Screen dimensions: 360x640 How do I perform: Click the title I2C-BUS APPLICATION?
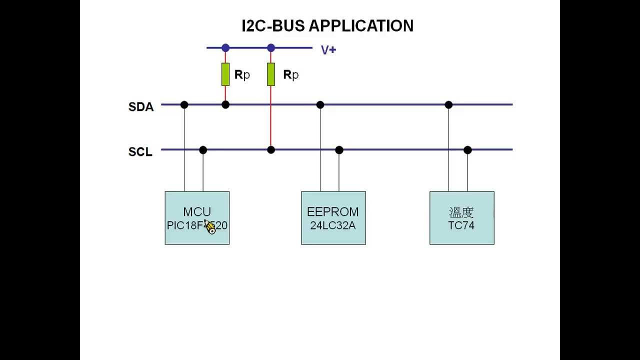[x=327, y=26]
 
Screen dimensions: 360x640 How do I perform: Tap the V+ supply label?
[x=328, y=50]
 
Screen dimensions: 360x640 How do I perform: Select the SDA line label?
[x=141, y=107]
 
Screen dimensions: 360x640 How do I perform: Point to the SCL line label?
[x=140, y=152]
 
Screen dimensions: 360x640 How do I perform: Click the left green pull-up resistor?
[x=225, y=74]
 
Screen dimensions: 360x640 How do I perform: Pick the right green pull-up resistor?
[x=271, y=74]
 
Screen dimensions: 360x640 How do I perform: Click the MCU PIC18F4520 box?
[x=197, y=218]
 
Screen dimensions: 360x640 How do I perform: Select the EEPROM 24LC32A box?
[x=333, y=218]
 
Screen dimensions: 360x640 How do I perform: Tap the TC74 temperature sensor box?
[x=461, y=218]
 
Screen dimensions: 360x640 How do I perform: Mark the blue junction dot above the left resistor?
[x=225, y=48]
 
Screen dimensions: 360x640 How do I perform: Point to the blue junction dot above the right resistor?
[x=271, y=48]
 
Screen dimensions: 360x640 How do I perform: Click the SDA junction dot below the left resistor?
[x=225, y=104]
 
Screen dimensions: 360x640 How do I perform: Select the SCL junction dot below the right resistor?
[x=271, y=149]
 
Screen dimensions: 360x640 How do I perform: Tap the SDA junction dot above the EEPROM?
[x=320, y=104]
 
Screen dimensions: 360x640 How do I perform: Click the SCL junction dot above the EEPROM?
[x=339, y=149]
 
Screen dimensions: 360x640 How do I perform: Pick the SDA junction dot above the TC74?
[x=448, y=104]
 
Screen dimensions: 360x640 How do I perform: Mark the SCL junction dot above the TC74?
[x=467, y=149]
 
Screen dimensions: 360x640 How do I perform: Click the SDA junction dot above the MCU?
[x=184, y=104]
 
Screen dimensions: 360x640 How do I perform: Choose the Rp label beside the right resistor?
[x=290, y=75]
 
